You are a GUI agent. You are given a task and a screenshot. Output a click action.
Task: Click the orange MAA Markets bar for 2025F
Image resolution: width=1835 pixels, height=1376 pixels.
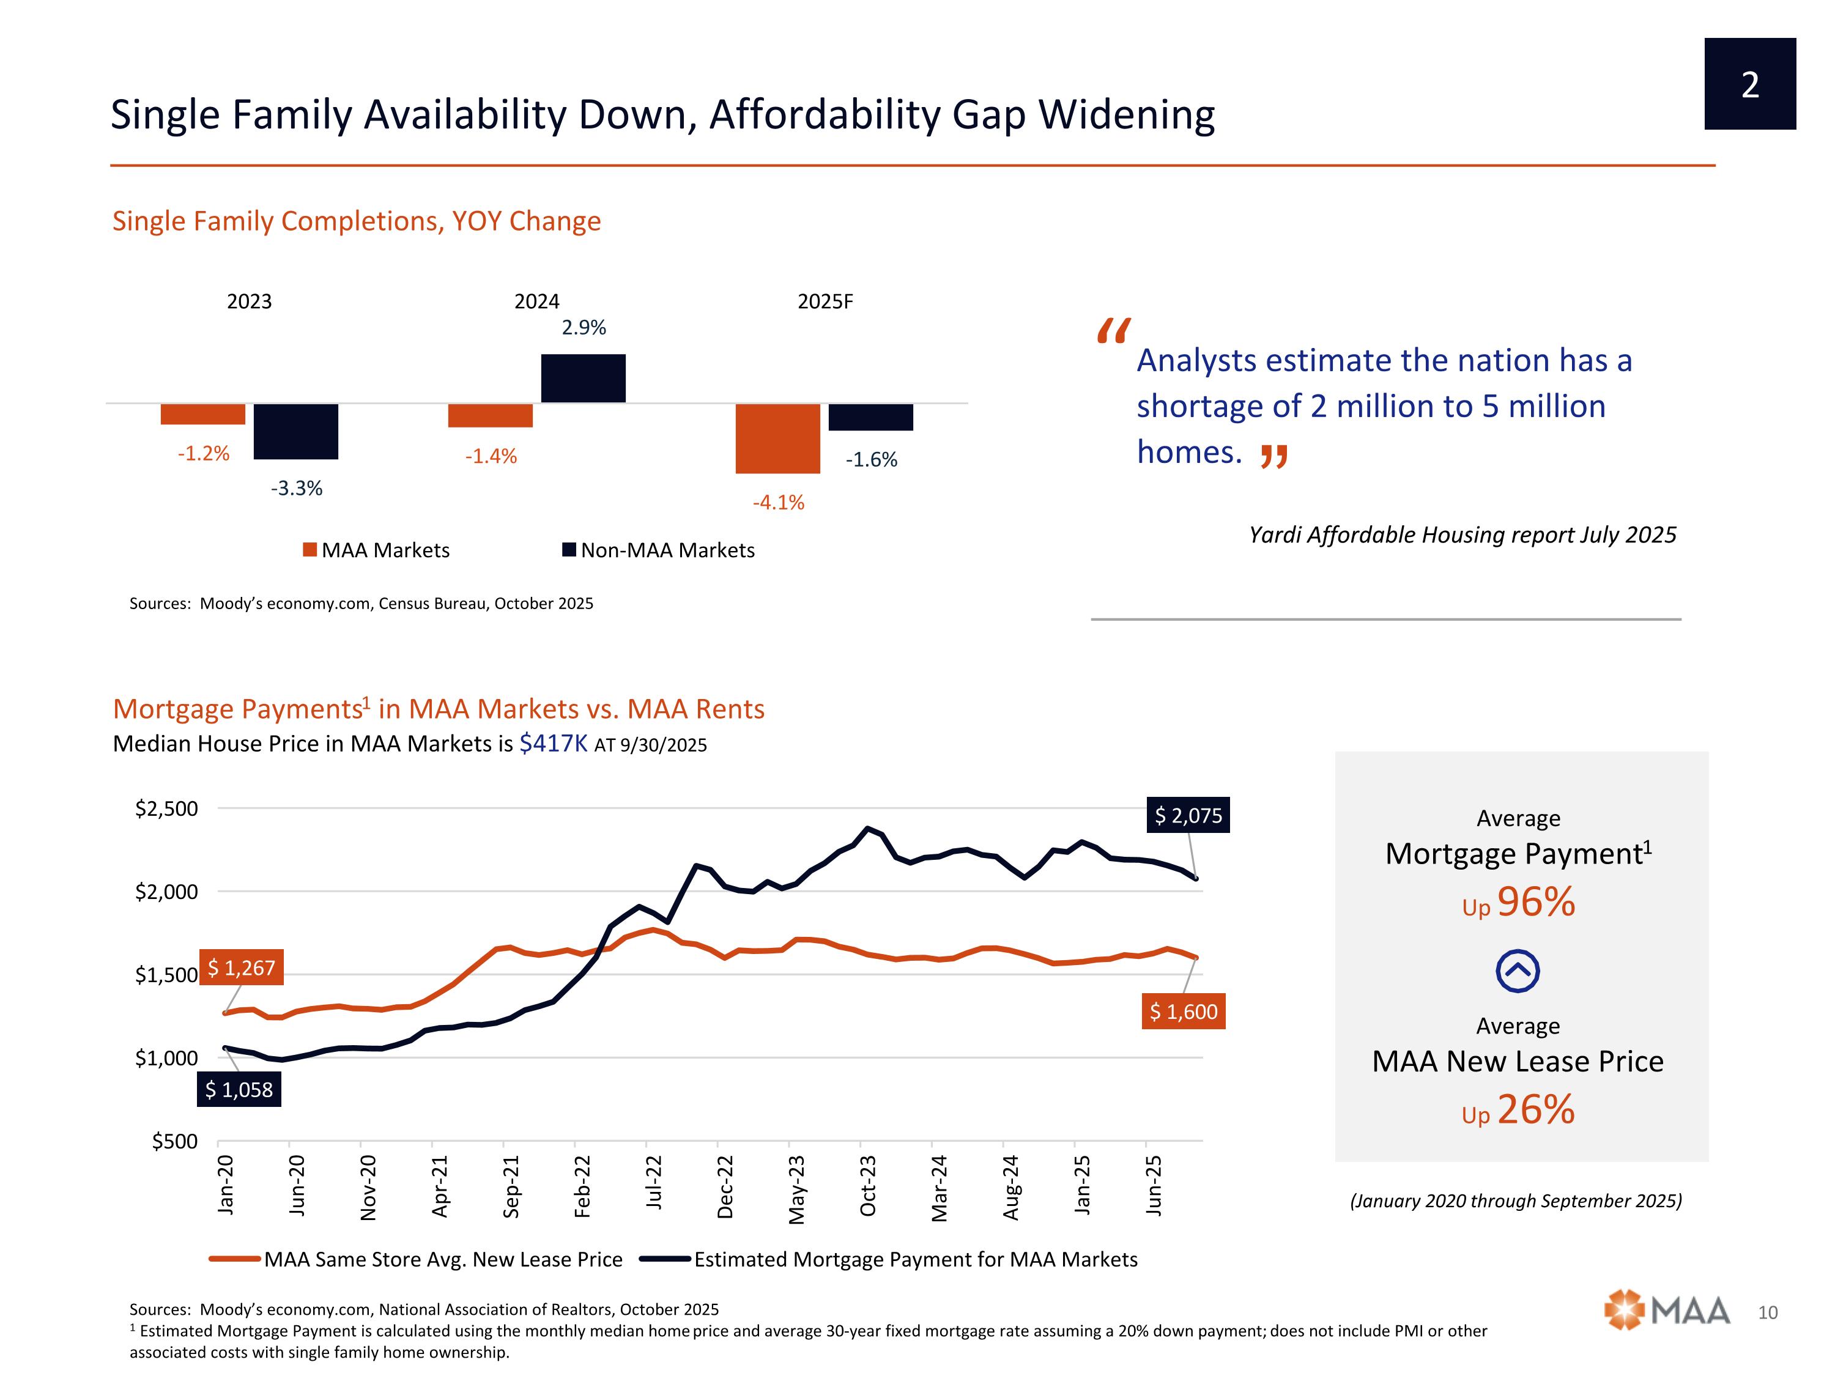coord(777,438)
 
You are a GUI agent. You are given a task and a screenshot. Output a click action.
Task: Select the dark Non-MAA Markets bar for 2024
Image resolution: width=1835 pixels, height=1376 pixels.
coord(583,378)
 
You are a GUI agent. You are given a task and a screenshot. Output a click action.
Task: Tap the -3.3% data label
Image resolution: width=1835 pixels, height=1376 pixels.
coord(296,489)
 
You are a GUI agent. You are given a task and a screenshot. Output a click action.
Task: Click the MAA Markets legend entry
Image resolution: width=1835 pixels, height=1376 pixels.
coord(377,550)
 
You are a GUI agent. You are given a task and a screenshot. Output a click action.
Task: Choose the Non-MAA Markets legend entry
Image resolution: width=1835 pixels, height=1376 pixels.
coord(659,550)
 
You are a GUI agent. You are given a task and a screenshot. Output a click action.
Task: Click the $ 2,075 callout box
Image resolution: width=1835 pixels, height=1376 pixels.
coord(1188,815)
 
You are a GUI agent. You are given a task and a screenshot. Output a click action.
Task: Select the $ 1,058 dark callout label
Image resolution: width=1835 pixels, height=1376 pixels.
coord(239,1089)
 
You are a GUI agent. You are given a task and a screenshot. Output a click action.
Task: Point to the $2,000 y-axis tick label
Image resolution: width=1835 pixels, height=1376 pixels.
coord(167,892)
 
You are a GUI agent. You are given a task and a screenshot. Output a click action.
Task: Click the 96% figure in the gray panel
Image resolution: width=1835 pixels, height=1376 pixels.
coord(1535,901)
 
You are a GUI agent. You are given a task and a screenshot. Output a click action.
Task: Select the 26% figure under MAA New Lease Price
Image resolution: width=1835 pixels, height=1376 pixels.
coord(1535,1109)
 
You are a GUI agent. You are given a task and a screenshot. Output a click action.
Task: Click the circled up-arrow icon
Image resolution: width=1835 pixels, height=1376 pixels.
coord(1518,971)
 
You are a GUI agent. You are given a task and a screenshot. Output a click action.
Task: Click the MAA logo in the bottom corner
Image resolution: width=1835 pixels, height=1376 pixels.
coord(1667,1311)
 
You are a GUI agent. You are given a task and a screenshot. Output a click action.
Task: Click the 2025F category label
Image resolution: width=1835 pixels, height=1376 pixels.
coord(825,301)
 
